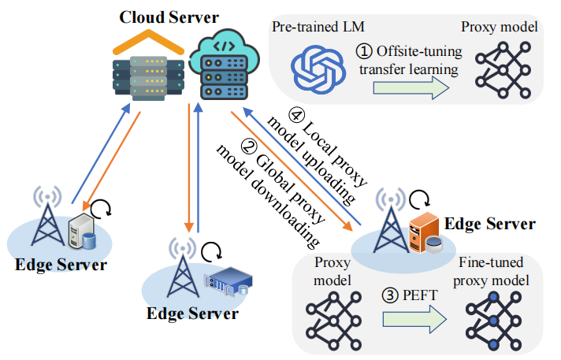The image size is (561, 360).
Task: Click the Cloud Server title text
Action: tap(169, 17)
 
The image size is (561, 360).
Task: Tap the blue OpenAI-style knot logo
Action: tap(318, 69)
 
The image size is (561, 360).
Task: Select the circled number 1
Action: tap(364, 51)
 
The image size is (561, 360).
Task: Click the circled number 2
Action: tap(249, 147)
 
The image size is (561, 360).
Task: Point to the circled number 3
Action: tap(390, 295)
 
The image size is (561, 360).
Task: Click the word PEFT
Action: tap(420, 295)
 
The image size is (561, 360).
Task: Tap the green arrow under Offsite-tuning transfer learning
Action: tap(411, 88)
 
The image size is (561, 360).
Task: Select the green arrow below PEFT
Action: tap(414, 319)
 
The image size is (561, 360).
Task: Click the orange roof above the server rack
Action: tap(148, 43)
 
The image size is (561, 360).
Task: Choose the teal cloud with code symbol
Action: tap(225, 65)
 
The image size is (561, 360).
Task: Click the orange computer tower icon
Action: tap(425, 233)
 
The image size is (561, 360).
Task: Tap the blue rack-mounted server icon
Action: tap(228, 282)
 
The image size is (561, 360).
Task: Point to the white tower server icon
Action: tap(82, 232)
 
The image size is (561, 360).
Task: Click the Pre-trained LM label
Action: tap(318, 27)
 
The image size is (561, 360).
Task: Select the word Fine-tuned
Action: tap(491, 262)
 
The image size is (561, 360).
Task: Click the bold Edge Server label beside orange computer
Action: tap(490, 224)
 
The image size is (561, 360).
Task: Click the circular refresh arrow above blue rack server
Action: tap(211, 251)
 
